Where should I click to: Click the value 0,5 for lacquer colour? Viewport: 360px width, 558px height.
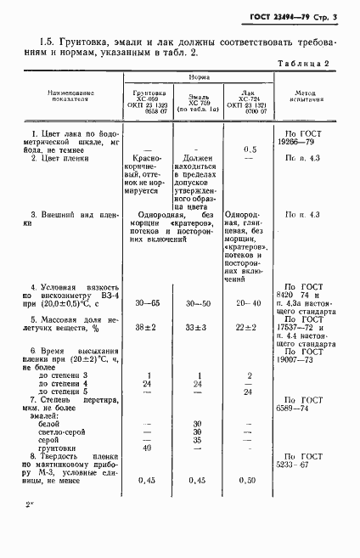250,149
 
